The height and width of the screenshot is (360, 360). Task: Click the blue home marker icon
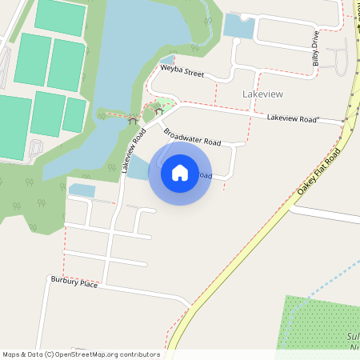180,173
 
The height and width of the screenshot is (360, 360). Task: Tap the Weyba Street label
182,71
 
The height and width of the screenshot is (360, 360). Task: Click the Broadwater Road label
191,136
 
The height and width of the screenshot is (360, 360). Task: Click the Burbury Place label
74,282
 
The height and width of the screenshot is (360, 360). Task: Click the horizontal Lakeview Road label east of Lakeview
293,118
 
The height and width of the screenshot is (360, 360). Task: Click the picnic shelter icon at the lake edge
131,120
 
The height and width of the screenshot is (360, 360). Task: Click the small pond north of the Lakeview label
238,26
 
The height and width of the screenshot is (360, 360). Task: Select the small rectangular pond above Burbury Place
82,190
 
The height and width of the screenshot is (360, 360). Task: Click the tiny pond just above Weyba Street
167,59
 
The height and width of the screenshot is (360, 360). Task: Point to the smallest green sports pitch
74,114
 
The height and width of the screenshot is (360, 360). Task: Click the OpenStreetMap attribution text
81,354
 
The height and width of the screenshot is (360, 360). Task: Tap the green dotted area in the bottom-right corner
320,324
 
